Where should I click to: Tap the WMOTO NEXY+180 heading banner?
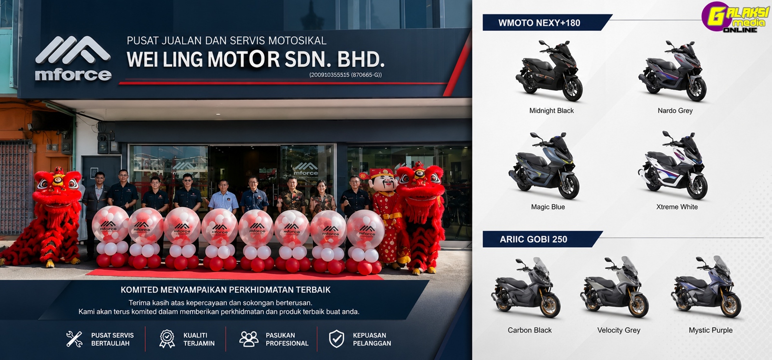pos(546,23)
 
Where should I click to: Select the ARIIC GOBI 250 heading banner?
pos(542,239)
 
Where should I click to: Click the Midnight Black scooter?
pos(549,70)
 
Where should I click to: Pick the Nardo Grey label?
pos(675,111)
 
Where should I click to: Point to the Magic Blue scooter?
pos(544,166)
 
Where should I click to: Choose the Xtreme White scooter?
pos(673,165)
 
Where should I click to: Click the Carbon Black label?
pos(529,330)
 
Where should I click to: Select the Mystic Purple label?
pos(711,330)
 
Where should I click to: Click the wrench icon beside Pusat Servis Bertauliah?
pos(74,339)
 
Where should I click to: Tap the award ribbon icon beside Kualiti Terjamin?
pos(167,339)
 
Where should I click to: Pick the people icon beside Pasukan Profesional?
pos(249,339)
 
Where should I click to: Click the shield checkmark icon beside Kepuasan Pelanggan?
pos(336,339)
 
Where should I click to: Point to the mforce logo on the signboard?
pos(73,58)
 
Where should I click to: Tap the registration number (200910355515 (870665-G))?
pos(345,75)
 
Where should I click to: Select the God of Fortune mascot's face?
pos(384,183)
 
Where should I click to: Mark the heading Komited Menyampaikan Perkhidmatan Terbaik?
pos(225,290)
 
